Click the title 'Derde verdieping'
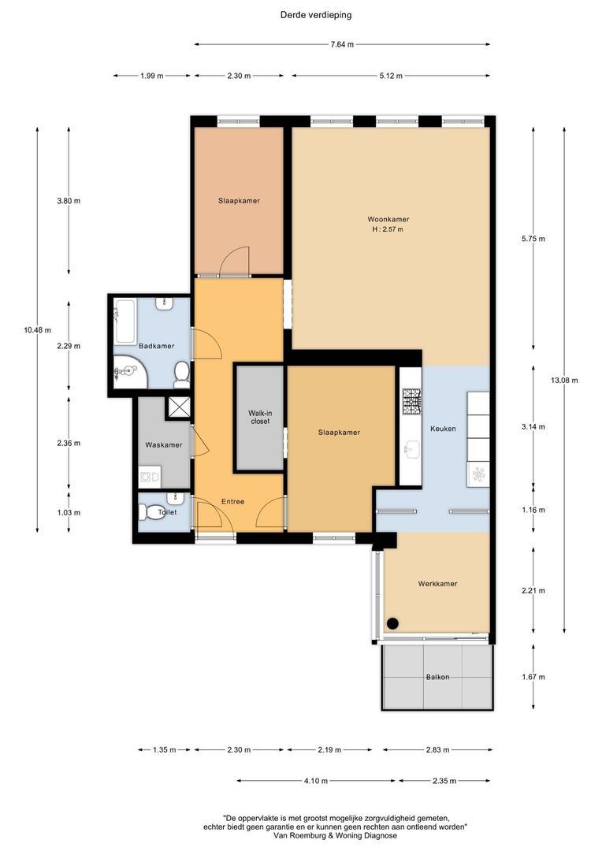point(316,14)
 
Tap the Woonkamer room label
point(388,219)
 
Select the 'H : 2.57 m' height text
point(388,229)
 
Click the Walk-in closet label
point(259,417)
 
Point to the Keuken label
point(443,429)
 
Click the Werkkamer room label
point(437,584)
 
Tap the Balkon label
point(438,677)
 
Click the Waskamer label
point(163,445)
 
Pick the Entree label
point(232,501)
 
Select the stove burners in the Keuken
point(411,402)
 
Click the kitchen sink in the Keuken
point(411,449)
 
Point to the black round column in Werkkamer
point(392,623)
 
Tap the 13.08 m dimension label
point(564,381)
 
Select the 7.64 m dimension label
point(342,44)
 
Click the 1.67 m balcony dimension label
point(533,677)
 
